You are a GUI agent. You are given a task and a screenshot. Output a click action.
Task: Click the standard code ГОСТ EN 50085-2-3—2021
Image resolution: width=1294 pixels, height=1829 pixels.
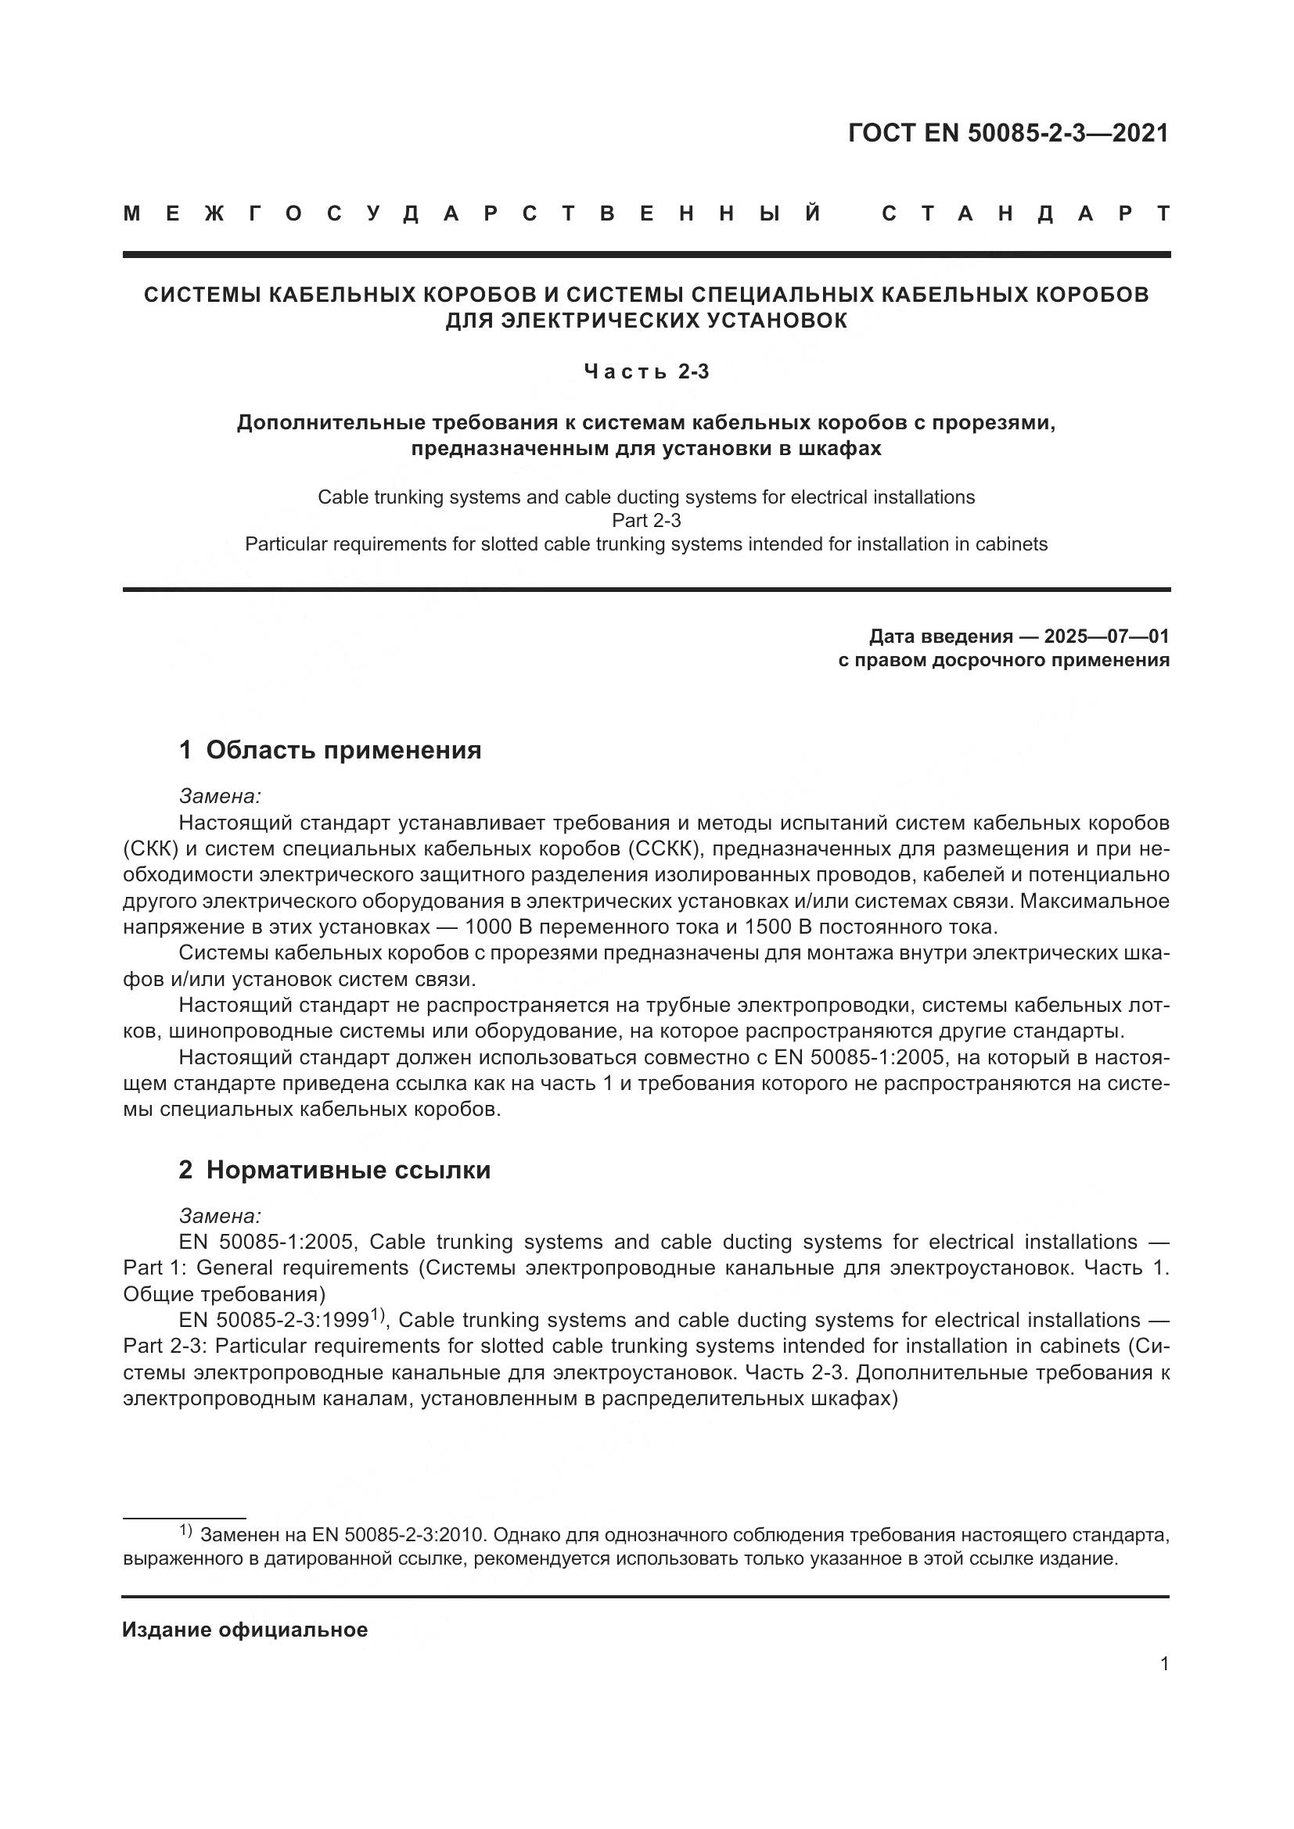1008,133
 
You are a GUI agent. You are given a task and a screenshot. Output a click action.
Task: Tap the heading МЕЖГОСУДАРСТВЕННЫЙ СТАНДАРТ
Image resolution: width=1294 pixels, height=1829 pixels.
646,213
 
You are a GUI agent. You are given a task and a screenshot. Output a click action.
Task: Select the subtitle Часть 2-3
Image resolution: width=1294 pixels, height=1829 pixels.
646,371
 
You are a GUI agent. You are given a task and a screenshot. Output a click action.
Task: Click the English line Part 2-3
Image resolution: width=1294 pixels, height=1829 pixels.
646,520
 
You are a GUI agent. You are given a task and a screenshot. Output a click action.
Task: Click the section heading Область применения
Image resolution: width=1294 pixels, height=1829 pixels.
343,750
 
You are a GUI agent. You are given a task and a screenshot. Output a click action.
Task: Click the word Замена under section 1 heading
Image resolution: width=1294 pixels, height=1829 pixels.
220,796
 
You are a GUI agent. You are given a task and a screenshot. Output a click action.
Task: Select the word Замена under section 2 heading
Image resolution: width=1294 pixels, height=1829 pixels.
220,1216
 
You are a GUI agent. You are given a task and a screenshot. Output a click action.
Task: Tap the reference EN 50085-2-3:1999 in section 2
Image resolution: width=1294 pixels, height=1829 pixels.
273,1321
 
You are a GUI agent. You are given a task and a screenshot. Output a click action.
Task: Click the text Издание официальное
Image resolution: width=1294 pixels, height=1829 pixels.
246,1630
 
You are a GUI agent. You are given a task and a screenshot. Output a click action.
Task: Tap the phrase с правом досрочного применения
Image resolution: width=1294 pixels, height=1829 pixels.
1004,660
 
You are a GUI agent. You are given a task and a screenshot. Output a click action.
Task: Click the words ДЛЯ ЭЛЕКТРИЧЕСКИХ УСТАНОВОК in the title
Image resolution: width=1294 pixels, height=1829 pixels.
646,321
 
